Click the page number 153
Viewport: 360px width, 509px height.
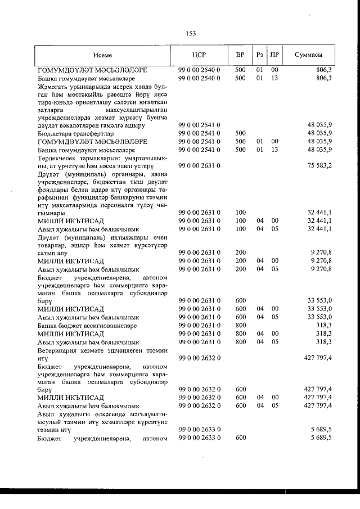pyautogui.click(x=190, y=34)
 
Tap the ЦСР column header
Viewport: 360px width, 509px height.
pyautogui.click(x=200, y=55)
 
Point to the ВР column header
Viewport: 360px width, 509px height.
pyautogui.click(x=240, y=55)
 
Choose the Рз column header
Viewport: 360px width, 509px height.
pyautogui.click(x=259, y=55)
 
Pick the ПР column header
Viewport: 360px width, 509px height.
pyautogui.click(x=274, y=55)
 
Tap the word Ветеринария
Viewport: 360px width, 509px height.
pyautogui.click(x=58, y=349)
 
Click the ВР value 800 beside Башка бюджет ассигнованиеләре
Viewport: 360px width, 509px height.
pyautogui.click(x=241, y=325)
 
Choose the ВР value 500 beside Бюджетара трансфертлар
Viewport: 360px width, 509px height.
pyautogui.click(x=241, y=134)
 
